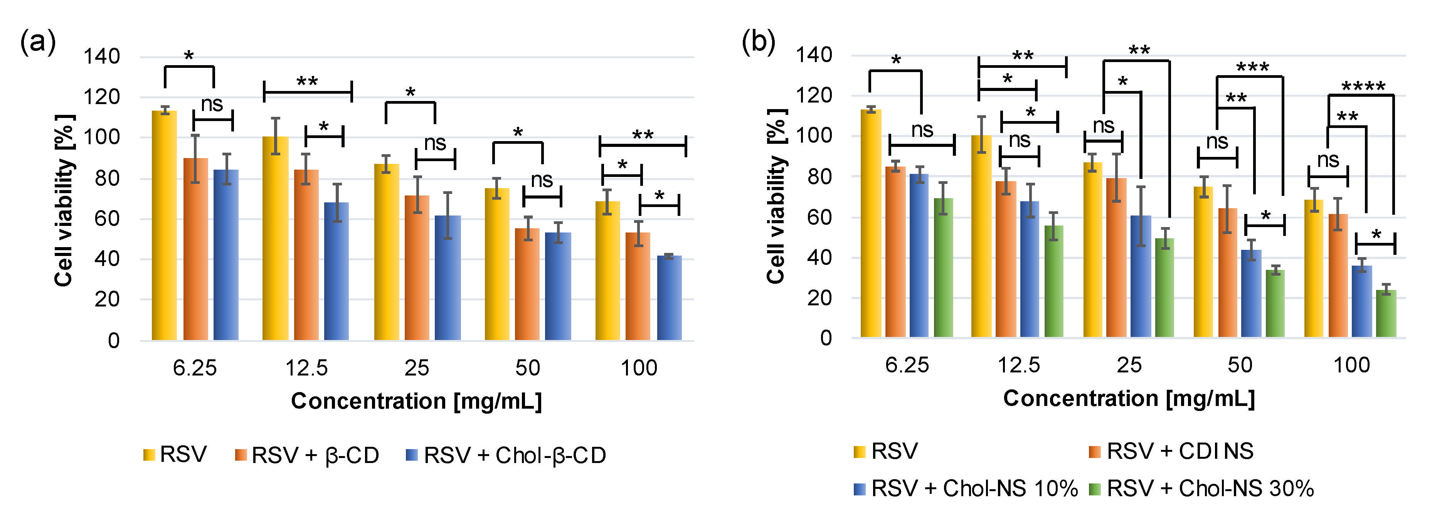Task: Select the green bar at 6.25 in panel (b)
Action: (943, 267)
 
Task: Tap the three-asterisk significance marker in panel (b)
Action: (1252, 68)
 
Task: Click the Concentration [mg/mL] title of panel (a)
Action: (416, 401)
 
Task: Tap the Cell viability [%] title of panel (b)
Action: (776, 196)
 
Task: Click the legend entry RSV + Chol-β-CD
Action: (514, 455)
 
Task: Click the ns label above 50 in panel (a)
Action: (541, 180)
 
